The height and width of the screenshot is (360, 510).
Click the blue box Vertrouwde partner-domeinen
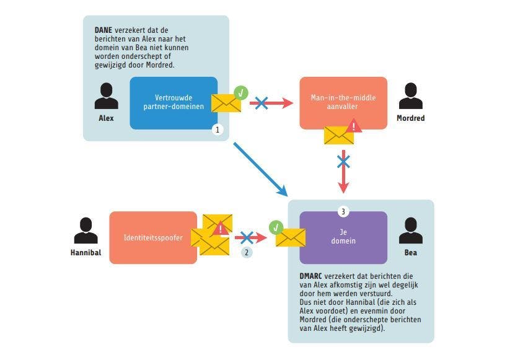click(174, 102)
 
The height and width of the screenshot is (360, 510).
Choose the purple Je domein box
click(343, 237)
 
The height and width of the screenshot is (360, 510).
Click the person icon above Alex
click(107, 96)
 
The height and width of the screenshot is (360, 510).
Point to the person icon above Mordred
click(410, 96)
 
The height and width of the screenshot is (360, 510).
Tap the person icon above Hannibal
click(86, 230)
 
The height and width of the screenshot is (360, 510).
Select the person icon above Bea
click(410, 230)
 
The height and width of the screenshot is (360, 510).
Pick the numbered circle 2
click(247, 252)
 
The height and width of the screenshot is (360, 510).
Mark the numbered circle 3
click(343, 211)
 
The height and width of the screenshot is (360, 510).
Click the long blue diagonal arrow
click(260, 167)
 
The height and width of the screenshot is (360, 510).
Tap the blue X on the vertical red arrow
click(343, 162)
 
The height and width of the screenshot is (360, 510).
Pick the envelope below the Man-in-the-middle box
click(339, 134)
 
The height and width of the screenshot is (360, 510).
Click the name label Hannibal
click(86, 253)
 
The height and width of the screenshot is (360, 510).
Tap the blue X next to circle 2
click(247, 237)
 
